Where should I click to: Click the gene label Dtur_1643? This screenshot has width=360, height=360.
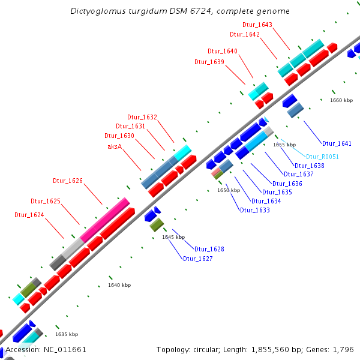tap(257, 25)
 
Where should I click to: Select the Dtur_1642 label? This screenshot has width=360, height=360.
tap(244, 34)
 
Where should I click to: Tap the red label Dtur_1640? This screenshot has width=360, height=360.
tap(223, 51)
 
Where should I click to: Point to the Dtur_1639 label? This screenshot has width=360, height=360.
tap(209, 62)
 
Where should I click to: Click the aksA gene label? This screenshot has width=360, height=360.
tap(115, 146)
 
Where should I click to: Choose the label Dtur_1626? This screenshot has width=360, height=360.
tap(68, 181)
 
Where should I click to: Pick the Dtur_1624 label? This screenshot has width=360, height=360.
tap(29, 214)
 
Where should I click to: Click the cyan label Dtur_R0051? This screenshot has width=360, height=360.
tap(322, 157)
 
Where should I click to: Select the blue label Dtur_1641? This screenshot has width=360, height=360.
tap(337, 143)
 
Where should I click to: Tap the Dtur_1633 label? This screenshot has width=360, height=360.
tap(255, 210)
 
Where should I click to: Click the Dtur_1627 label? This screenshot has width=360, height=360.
tap(198, 259)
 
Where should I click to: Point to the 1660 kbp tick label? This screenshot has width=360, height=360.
tap(341, 100)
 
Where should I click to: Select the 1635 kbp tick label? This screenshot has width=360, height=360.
tap(67, 334)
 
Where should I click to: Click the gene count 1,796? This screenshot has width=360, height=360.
tap(343, 349)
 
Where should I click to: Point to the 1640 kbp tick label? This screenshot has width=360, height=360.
tap(119, 285)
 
